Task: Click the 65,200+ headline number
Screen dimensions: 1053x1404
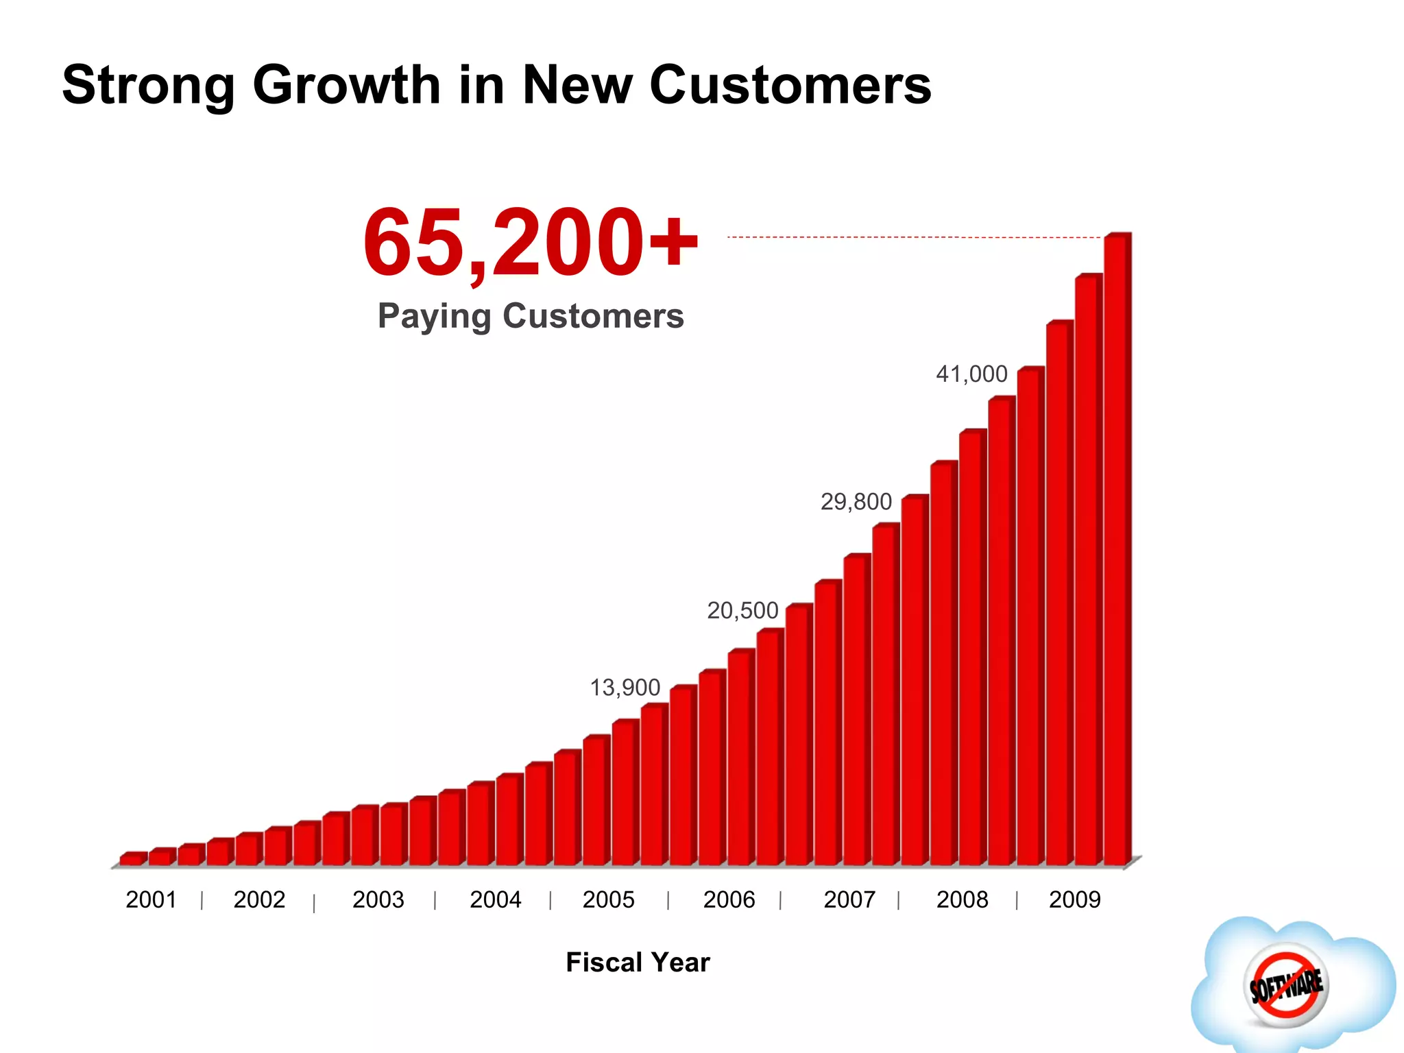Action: pos(531,243)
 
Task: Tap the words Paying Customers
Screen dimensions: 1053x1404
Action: pos(531,316)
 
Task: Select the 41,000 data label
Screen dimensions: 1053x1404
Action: pos(971,374)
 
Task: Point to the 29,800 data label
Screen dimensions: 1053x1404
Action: pos(856,502)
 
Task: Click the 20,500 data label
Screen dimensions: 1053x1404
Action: pos(742,610)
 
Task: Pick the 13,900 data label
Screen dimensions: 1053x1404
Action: pos(625,688)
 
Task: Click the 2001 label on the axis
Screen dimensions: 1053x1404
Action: pos(151,899)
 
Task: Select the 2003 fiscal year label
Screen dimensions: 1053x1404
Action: pos(378,899)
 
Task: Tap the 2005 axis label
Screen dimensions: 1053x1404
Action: pos(608,899)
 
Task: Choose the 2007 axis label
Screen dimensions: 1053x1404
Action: pos(849,899)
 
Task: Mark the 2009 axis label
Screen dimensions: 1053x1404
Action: pos(1074,899)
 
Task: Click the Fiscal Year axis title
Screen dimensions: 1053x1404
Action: pos(638,963)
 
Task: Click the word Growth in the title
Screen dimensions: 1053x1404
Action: pos(346,85)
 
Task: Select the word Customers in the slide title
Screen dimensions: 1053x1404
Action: pos(790,85)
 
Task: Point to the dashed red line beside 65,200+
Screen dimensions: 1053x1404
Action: pos(912,237)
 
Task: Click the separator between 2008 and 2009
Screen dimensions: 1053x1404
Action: pos(1017,900)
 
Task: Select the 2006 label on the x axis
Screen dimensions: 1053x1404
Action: pos(729,899)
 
